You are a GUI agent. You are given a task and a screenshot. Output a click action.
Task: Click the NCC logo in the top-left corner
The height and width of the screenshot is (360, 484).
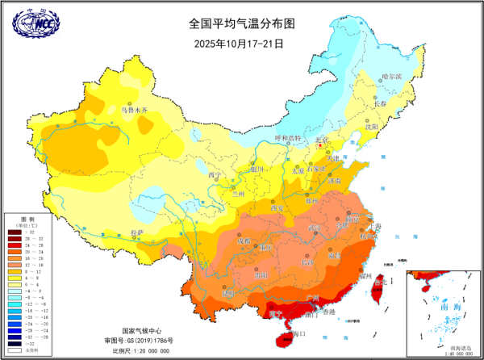[x=30, y=23]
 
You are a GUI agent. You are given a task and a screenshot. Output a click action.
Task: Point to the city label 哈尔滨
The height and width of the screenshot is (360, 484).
[x=390, y=77]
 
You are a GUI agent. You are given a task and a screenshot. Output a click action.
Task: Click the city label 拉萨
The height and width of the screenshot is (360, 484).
[x=137, y=233]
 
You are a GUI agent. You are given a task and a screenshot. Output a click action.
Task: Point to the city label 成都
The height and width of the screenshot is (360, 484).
[x=244, y=241]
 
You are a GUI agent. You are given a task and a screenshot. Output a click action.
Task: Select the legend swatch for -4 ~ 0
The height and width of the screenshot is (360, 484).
[x=14, y=291]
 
